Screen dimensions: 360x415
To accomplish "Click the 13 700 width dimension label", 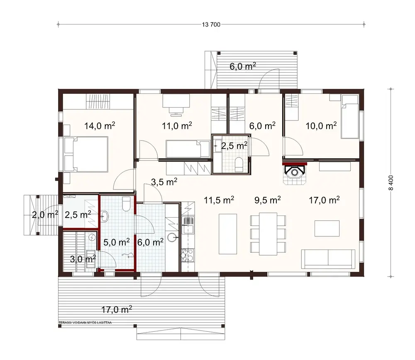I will pos(211,24).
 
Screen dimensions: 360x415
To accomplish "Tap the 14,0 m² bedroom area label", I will pos(100,126).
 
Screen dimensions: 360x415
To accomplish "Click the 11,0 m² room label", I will pos(176,126).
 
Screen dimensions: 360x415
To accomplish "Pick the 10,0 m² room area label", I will pos(321,126).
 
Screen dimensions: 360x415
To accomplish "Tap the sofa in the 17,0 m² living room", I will pos(328,258).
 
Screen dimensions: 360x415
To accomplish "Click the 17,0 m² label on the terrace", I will pos(117,309).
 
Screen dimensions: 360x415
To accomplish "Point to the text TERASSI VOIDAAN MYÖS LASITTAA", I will pos(85,322).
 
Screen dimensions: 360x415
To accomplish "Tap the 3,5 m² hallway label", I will pos(164,181).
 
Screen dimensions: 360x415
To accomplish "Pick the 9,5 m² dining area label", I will pos(268,200).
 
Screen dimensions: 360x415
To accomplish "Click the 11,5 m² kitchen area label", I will pos(219,200).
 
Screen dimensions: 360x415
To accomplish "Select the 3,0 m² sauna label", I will pos(83,259).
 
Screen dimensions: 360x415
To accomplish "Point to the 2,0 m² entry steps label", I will pos(45,215).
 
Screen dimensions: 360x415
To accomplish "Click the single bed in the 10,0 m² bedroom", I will pos(349,116).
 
